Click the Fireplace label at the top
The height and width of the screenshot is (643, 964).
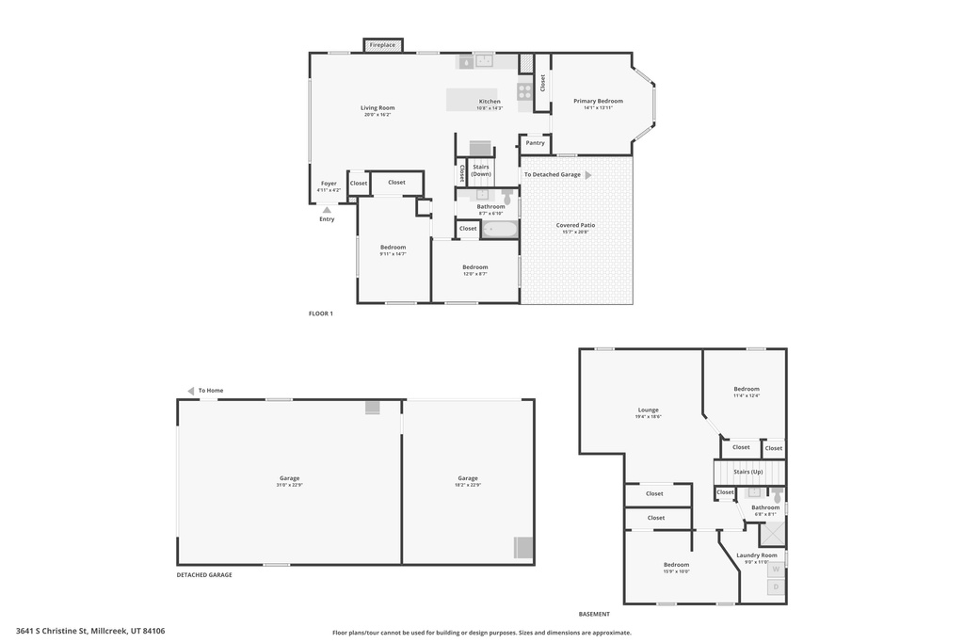pyautogui.click(x=382, y=45)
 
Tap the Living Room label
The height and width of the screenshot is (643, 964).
pyautogui.click(x=378, y=108)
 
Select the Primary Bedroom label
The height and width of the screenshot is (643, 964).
pyautogui.click(x=598, y=101)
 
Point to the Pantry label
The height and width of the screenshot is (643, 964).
pyautogui.click(x=536, y=143)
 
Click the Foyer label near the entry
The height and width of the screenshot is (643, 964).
pyautogui.click(x=329, y=184)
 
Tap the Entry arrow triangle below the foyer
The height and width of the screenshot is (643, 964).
pyautogui.click(x=327, y=210)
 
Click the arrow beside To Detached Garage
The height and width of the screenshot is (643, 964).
pyautogui.click(x=588, y=175)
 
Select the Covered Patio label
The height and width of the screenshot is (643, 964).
pyautogui.click(x=575, y=225)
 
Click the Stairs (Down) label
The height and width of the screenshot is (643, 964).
pyautogui.click(x=481, y=170)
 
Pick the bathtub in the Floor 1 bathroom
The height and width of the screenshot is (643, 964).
pyautogui.click(x=500, y=229)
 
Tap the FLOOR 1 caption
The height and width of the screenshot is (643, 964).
pyautogui.click(x=321, y=313)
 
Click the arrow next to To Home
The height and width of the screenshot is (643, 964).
pyautogui.click(x=190, y=391)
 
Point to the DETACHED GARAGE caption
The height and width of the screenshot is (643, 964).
pyautogui.click(x=204, y=574)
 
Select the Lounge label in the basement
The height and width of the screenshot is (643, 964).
pyautogui.click(x=648, y=410)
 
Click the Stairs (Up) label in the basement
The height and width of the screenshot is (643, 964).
pyautogui.click(x=747, y=472)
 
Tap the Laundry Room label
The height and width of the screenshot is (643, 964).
pyautogui.click(x=756, y=555)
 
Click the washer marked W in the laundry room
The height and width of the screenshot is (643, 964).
pyautogui.click(x=776, y=569)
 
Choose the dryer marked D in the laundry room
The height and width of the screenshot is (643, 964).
pyautogui.click(x=776, y=587)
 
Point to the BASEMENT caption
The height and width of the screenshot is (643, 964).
pyautogui.click(x=594, y=614)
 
